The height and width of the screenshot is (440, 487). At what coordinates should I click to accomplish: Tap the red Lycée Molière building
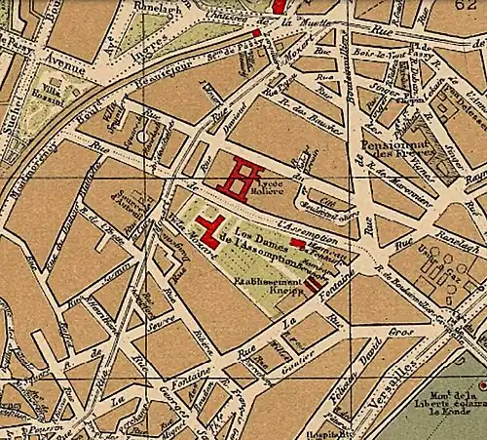241,178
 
